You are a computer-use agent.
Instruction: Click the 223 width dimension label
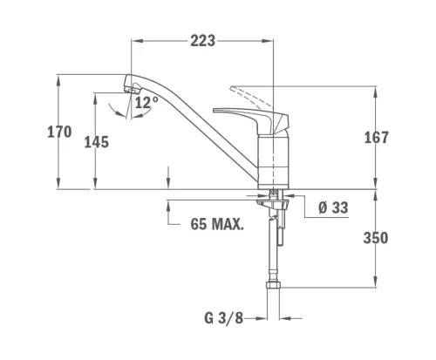203,41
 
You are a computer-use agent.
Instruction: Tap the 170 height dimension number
59,132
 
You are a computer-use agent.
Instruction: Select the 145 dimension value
97,142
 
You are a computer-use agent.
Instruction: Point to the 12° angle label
146,102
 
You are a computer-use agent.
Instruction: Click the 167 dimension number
377,138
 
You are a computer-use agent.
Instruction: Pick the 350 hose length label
376,238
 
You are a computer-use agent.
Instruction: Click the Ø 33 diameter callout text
333,207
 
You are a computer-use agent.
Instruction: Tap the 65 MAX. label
217,224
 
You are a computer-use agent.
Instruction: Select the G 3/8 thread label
223,318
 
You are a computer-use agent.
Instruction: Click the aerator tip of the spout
133,88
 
